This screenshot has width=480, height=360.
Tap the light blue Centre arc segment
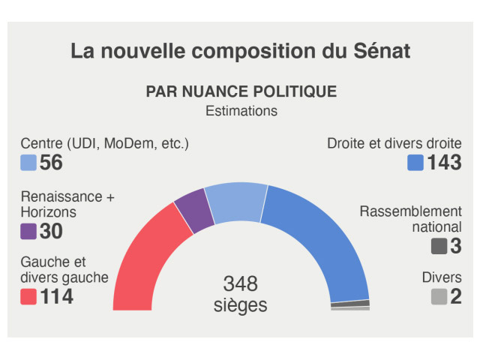pyautogui.click(x=235, y=201)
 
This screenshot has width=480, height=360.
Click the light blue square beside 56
pyautogui.click(x=28, y=163)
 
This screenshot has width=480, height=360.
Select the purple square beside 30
pyautogui.click(x=28, y=231)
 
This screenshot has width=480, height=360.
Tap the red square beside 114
pyautogui.click(x=28, y=297)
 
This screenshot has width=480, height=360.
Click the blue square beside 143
pyautogui.click(x=415, y=163)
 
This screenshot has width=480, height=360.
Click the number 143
pyautogui.click(x=444, y=163)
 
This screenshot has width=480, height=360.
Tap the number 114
pyautogui.click(x=57, y=297)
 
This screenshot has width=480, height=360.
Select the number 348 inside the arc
pyautogui.click(x=241, y=284)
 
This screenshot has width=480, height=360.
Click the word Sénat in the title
pyautogui.click(x=379, y=51)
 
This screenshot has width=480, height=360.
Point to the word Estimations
pyautogui.click(x=241, y=111)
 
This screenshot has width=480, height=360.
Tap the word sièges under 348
pyautogui.click(x=241, y=305)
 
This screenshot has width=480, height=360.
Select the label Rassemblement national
pyautogui.click(x=410, y=219)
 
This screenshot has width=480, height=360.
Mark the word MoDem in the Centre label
pyautogui.click(x=129, y=142)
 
